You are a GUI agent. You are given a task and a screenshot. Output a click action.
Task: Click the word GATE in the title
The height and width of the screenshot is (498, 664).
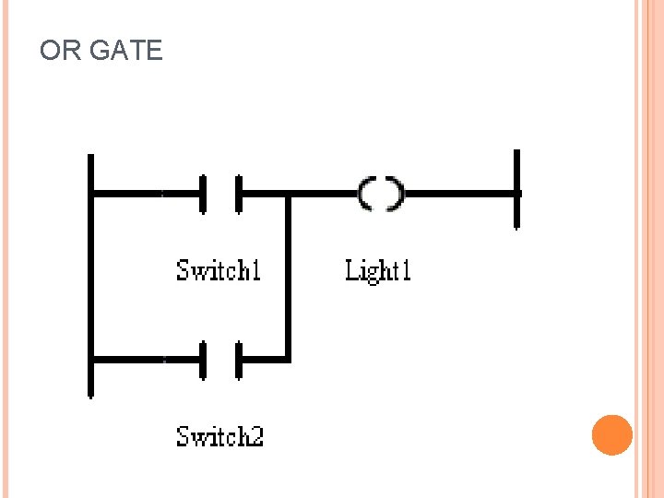tap(125, 51)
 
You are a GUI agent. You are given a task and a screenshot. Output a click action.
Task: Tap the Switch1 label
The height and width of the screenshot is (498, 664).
tap(219, 270)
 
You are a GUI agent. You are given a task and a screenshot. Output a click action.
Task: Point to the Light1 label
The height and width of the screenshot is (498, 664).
tap(377, 270)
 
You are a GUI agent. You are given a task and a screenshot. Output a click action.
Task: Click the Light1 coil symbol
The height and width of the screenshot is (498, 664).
tap(381, 194)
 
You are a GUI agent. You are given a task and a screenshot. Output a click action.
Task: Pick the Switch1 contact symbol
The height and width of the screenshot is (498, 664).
tap(220, 194)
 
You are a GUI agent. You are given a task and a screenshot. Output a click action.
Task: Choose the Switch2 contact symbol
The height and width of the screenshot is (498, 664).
tap(220, 360)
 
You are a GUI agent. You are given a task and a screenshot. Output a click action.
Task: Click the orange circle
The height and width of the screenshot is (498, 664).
tap(611, 435)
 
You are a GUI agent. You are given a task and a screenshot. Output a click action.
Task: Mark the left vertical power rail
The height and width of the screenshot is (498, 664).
tap(90, 277)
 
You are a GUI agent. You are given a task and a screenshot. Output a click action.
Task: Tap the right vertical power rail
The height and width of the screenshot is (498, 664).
tap(516, 190)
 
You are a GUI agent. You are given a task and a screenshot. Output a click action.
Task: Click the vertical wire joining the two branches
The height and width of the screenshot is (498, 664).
tap(289, 277)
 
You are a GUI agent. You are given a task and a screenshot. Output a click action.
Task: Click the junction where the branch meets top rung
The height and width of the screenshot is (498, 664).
tap(289, 195)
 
